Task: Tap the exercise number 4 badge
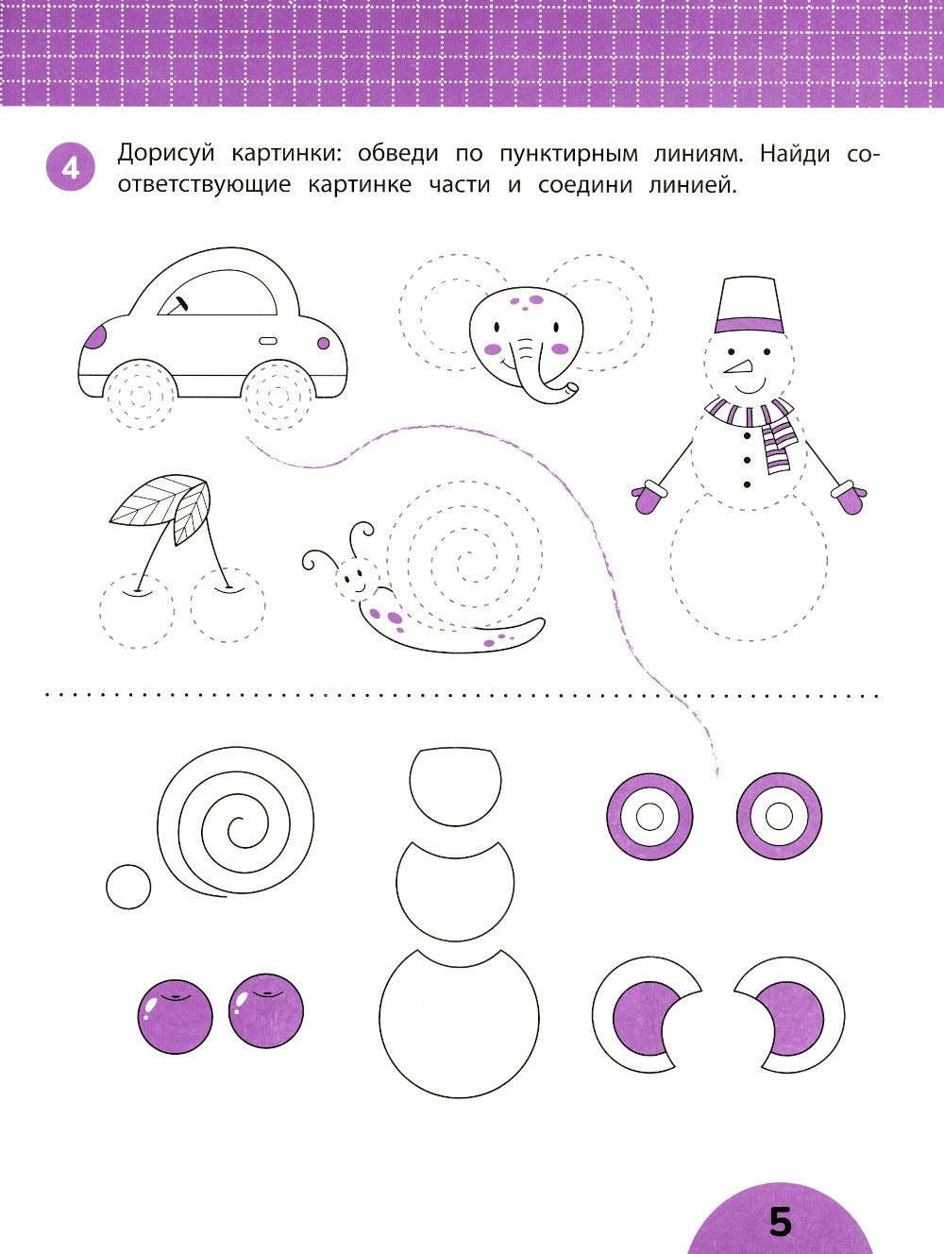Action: [x=70, y=166]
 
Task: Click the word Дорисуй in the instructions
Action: [x=166, y=154]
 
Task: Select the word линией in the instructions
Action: [x=692, y=185]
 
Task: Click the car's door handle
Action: [x=268, y=341]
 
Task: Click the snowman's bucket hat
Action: [x=748, y=305]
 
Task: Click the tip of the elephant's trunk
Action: [x=570, y=390]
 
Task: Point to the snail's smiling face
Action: [x=355, y=579]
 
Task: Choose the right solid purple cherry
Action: [x=266, y=1010]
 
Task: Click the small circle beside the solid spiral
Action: [x=128, y=887]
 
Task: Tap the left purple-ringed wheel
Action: [x=649, y=817]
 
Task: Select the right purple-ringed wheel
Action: [x=779, y=816]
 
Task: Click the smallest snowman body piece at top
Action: [x=455, y=786]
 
